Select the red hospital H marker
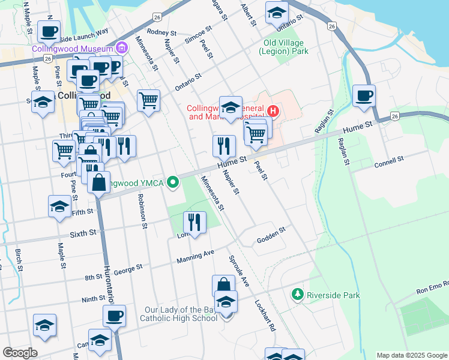pyautogui.click(x=273, y=111)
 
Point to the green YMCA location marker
pyautogui.click(x=173, y=182)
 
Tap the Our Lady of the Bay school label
pyautogui.click(x=180, y=314)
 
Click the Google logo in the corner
pyautogui.click(x=20, y=353)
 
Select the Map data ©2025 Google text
pyautogui.click(x=411, y=355)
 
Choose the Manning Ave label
pyautogui.click(x=196, y=257)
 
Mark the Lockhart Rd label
pyautogui.click(x=264, y=316)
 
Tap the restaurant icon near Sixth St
pyautogui.click(x=194, y=222)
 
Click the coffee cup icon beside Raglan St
pyautogui.click(x=364, y=95)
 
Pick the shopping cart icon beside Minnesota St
pyautogui.click(x=148, y=100)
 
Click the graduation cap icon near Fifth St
pyautogui.click(x=59, y=206)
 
